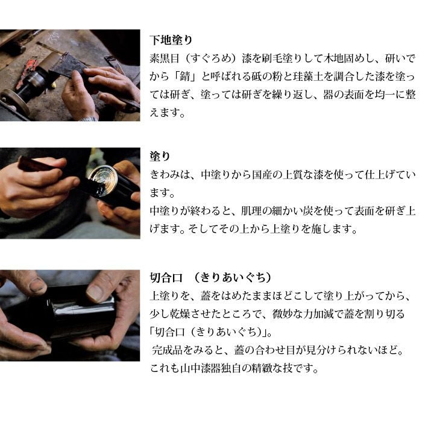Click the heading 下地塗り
pyautogui.click(x=171, y=40)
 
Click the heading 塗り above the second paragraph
pyautogui.click(x=160, y=156)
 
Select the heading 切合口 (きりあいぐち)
pyautogui.click(x=210, y=277)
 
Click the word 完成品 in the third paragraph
pyautogui.click(x=168, y=350)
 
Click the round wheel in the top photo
pyautogui.click(x=15, y=102)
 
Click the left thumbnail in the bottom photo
pyautogui.click(x=37, y=285)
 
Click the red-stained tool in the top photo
pyautogui.click(x=27, y=70)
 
